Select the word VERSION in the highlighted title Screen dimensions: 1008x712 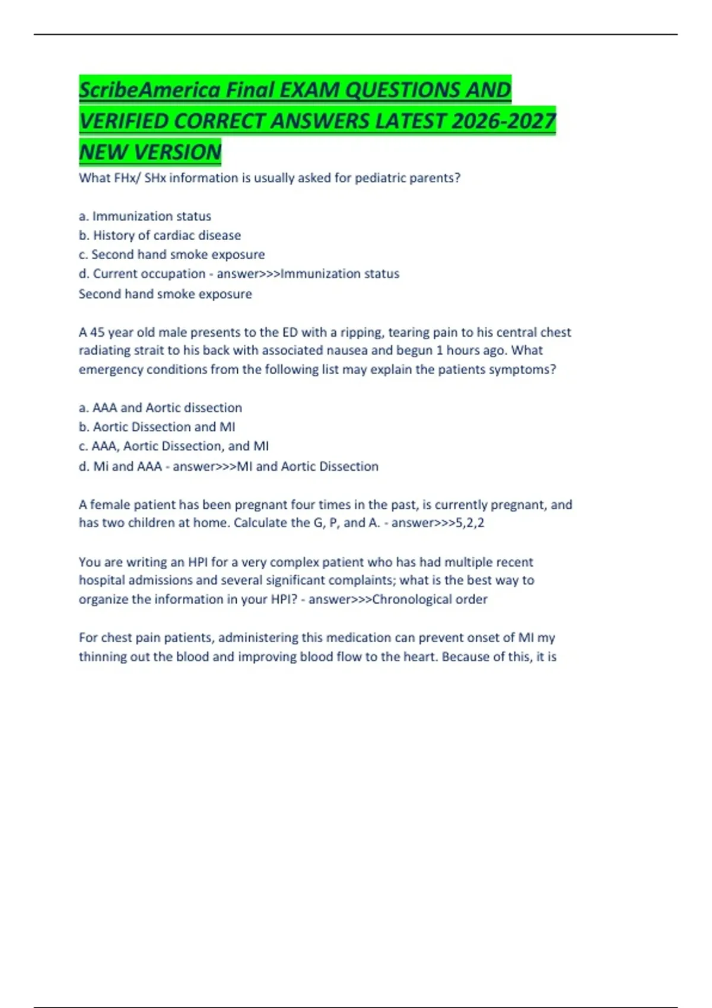pos(178,152)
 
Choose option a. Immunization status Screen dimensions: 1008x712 pos(145,216)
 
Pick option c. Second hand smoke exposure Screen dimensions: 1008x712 pos(171,254)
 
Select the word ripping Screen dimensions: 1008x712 pos(361,332)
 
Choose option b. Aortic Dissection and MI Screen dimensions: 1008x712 pos(157,427)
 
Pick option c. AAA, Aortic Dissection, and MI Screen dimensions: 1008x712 pos(173,446)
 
